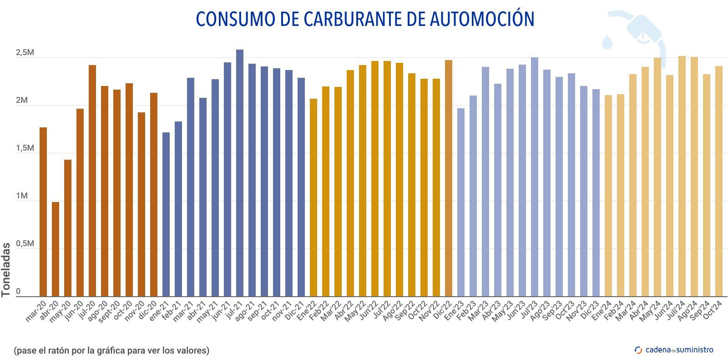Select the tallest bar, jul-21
[x=240, y=173]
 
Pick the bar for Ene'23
[x=461, y=202]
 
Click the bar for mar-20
[x=43, y=212]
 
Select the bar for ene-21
[x=166, y=214]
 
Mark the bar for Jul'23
[x=535, y=177]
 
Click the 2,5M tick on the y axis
[x=25, y=53]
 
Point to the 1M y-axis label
[x=21, y=196]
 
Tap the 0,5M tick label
[x=25, y=244]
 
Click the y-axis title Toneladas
[x=6, y=270]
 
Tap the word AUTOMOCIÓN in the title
[x=482, y=19]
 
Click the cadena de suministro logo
[x=674, y=350]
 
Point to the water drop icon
[x=607, y=42]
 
